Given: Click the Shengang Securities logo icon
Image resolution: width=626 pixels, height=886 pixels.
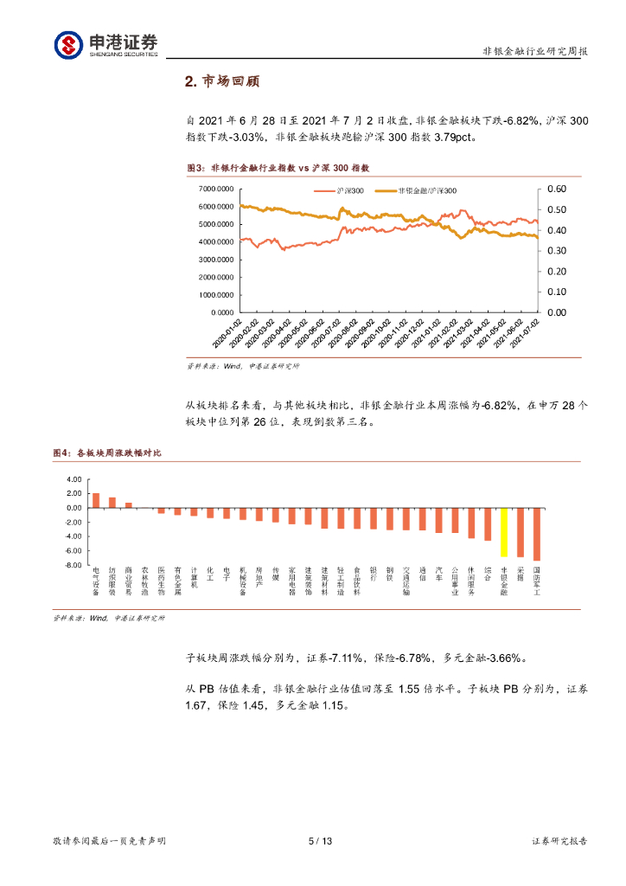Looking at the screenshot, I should (68, 45).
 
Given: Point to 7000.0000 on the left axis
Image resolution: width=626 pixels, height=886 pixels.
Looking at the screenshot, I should (216, 189).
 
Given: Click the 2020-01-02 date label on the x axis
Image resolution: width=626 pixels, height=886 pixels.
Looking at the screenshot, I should (227, 334).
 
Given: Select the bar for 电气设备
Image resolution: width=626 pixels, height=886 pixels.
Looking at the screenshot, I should (96, 500).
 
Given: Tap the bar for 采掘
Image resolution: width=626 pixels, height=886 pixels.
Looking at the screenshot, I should (521, 532).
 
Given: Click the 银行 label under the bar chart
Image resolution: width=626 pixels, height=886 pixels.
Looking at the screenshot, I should (374, 575).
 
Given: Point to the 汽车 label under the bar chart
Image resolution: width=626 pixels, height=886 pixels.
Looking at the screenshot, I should (438, 575).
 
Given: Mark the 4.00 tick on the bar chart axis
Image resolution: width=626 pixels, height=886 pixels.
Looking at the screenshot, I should (73, 479).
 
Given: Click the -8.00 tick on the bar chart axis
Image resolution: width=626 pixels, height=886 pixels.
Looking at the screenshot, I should (73, 565).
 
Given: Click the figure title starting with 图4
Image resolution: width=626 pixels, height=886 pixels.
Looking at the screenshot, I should (107, 453).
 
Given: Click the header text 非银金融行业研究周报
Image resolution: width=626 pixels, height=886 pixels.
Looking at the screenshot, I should (535, 52).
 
